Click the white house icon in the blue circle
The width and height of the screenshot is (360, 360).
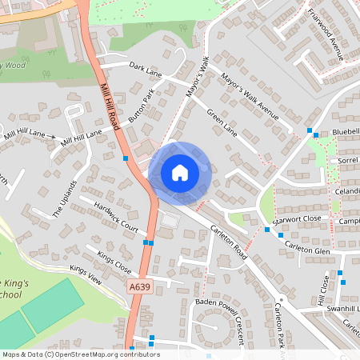coord(179,173)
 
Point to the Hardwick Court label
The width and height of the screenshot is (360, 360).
coord(115,217)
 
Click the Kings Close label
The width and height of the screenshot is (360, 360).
coord(114,260)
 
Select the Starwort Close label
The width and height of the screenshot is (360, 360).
coord(297,218)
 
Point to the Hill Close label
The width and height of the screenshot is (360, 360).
coord(324,287)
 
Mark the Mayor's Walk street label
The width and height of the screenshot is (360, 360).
coord(197,78)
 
